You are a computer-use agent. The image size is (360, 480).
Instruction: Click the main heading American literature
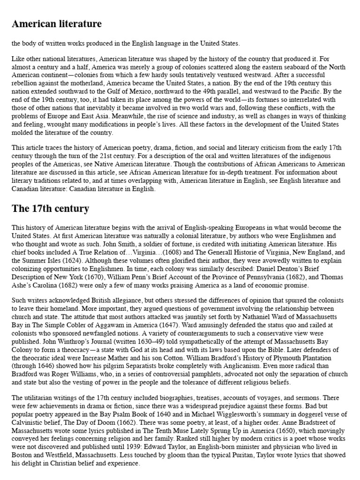click(56, 23)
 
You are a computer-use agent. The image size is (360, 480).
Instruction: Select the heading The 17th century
click(50, 208)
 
